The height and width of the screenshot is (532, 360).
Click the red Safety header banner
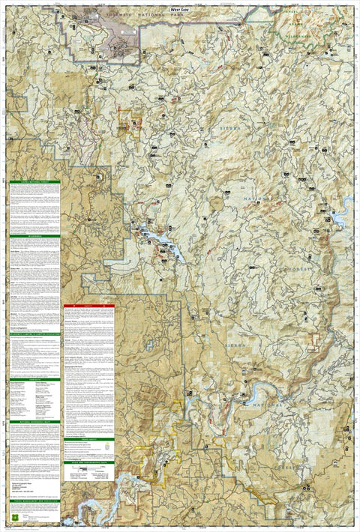coord(88,306)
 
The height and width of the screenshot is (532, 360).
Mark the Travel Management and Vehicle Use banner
coord(34,500)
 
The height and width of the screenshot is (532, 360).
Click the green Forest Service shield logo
coord(14,518)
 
